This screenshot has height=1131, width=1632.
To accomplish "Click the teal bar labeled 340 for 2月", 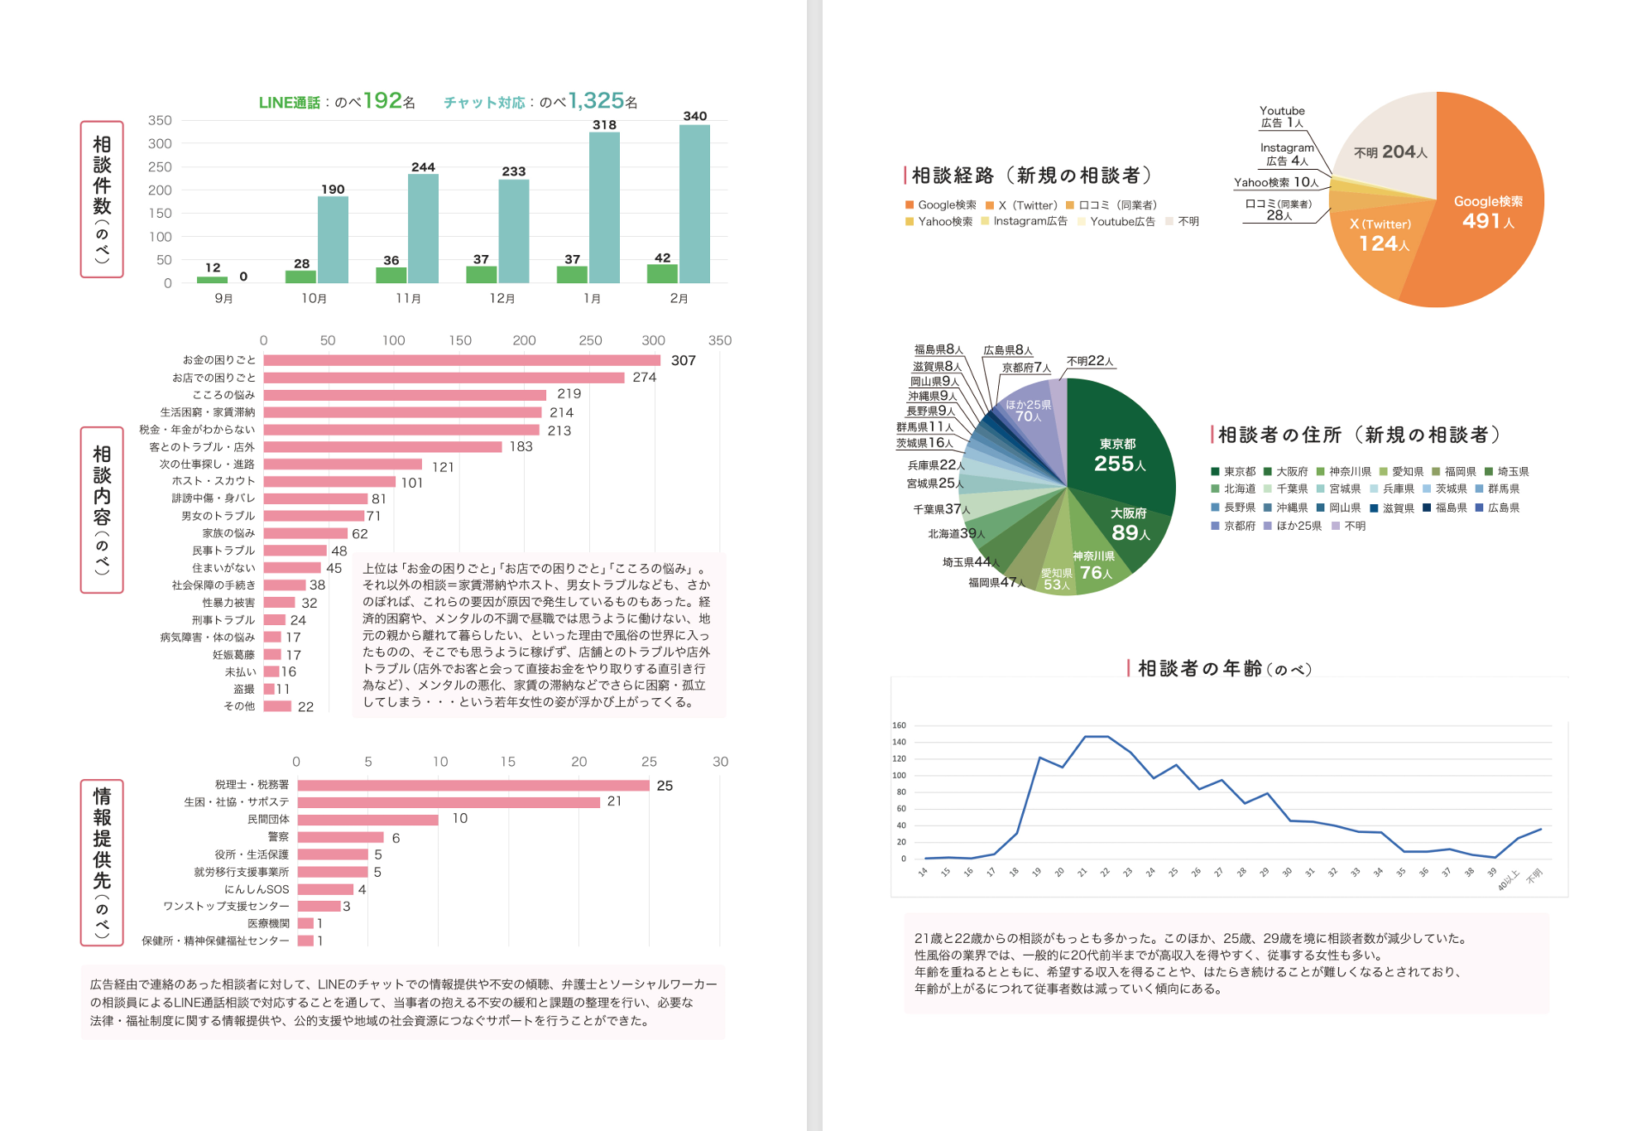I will (694, 204).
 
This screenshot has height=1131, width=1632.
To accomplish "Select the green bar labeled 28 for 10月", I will (300, 277).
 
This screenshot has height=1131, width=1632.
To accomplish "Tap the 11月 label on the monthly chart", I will (408, 298).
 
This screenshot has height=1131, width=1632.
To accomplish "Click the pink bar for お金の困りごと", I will (462, 360).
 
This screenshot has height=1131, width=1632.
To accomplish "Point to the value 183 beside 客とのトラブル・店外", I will (521, 446).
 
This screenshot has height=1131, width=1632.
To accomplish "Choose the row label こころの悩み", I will (223, 395).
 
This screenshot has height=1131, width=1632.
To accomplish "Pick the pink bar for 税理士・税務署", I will (473, 785).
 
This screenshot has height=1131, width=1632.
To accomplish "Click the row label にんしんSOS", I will (257, 889).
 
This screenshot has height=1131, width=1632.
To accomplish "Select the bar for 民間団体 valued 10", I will (367, 820).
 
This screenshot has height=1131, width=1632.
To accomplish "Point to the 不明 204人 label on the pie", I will (1390, 152).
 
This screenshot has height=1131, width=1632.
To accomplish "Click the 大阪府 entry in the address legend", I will (1291, 472).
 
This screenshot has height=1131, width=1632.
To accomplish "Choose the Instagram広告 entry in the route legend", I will (1030, 221).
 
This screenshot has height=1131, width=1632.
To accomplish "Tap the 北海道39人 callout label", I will (956, 534).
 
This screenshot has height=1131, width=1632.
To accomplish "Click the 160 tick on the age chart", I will (899, 725).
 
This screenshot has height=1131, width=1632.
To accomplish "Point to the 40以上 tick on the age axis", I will (1508, 879).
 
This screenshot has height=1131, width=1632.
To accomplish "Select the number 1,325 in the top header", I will (596, 101).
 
